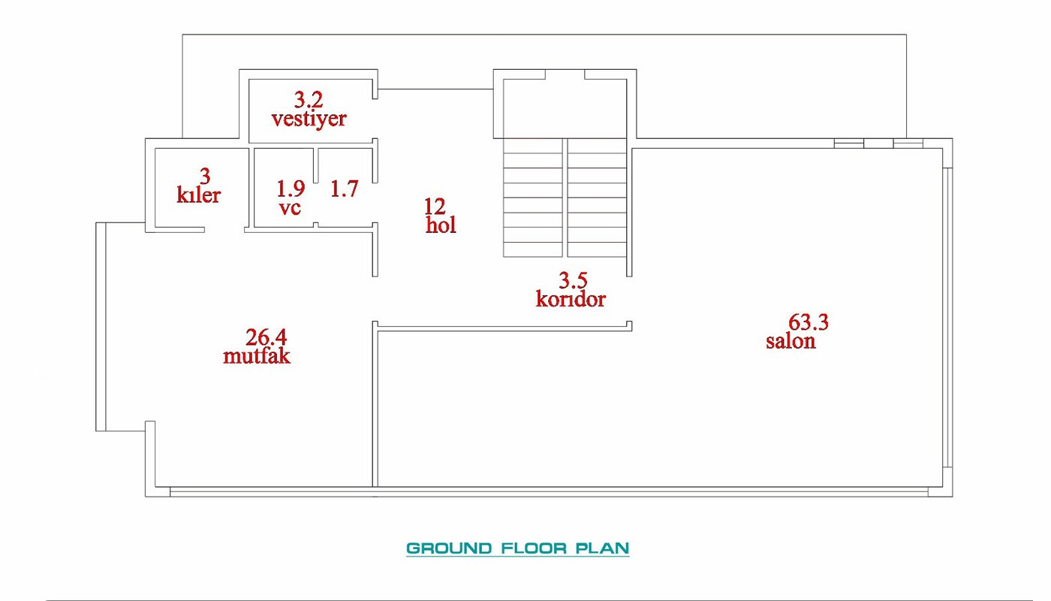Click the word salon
(x=791, y=341)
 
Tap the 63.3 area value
(x=808, y=322)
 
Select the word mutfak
(x=257, y=356)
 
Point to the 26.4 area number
(x=266, y=337)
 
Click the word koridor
(x=571, y=299)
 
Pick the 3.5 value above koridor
(x=573, y=280)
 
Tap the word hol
(x=441, y=225)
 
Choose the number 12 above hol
(x=435, y=206)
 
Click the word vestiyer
(x=309, y=119)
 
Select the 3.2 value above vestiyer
(x=309, y=99)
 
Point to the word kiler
(x=198, y=195)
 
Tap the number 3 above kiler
(x=205, y=176)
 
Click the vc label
(x=290, y=208)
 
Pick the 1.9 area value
(x=291, y=189)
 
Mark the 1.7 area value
(x=345, y=189)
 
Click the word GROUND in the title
(x=449, y=548)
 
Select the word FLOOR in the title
(x=534, y=548)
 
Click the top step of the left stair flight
(x=533, y=146)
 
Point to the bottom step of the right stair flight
(x=597, y=249)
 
